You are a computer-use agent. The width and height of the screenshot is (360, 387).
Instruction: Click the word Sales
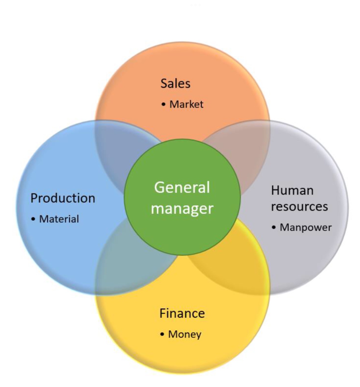(x=175, y=83)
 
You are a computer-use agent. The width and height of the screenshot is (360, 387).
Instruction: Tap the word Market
(x=186, y=104)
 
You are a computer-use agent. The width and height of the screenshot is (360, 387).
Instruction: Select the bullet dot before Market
(x=163, y=104)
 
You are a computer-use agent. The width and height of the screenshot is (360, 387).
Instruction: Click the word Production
(x=63, y=198)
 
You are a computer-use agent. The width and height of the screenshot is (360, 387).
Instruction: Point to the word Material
(x=59, y=219)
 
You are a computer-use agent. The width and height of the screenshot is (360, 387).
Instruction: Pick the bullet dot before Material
(x=33, y=219)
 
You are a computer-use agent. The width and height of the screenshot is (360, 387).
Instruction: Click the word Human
(x=292, y=191)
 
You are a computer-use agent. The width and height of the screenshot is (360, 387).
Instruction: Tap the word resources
(x=299, y=207)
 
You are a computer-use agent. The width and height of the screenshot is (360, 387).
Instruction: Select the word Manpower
(x=305, y=228)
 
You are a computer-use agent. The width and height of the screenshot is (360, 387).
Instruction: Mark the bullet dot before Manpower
(x=274, y=228)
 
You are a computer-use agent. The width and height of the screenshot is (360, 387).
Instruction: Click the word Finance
(x=182, y=314)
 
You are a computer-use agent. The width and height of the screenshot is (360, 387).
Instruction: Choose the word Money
(x=185, y=334)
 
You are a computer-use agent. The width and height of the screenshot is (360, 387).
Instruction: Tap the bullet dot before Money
(x=162, y=334)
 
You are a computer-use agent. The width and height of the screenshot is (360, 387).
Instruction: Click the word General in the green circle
(x=182, y=187)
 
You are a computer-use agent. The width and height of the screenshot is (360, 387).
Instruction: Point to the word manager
(x=182, y=209)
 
